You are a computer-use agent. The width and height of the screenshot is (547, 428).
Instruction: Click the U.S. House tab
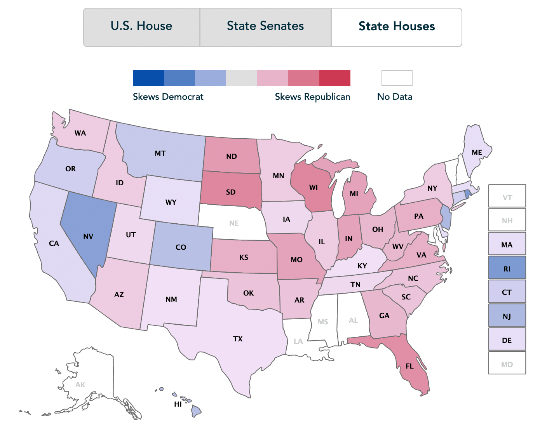point(141,26)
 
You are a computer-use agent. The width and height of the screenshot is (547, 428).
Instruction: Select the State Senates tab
point(265,26)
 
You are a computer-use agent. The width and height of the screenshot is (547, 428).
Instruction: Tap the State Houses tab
point(397,26)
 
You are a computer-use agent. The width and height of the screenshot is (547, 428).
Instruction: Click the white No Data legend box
point(397,78)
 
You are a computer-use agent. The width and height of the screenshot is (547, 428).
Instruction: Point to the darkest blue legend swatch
point(148,78)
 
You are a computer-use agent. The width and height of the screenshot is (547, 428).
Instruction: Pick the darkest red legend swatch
point(334,78)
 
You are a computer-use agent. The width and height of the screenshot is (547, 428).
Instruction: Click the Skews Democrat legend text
point(168,97)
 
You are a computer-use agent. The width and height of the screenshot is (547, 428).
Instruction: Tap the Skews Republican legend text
point(312,97)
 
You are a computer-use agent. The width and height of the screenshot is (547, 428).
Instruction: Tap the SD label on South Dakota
point(231,192)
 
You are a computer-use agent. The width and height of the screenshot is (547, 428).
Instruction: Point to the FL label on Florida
point(409,366)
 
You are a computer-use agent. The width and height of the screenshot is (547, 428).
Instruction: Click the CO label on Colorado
point(181,247)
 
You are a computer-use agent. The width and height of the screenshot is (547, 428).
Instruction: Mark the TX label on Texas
point(238,339)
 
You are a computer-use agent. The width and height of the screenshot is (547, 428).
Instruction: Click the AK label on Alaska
point(80,385)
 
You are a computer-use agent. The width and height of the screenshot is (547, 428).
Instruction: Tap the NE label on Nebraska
point(234,223)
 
